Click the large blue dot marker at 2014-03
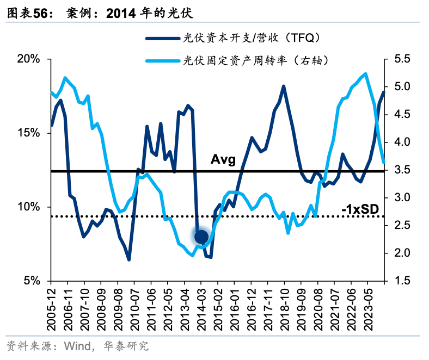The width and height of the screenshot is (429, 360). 201,237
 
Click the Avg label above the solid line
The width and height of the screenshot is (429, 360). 223,160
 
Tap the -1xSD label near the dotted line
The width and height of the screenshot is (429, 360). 360,209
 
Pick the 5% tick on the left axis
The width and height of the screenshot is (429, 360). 32,281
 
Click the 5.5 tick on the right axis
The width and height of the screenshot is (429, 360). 399,59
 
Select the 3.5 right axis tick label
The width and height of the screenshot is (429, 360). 399,170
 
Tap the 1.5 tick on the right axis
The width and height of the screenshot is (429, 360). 399,281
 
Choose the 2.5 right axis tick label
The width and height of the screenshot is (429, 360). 399,226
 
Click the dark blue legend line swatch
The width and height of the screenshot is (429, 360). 162,38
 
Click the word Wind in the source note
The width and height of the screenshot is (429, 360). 76,346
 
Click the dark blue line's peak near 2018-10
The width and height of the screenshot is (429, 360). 284,86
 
